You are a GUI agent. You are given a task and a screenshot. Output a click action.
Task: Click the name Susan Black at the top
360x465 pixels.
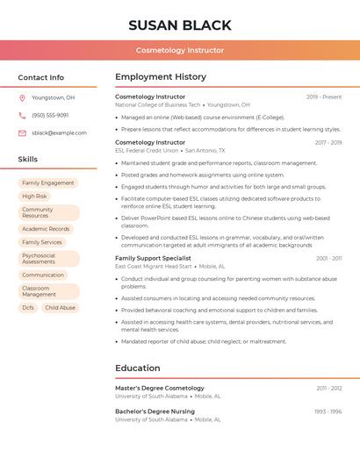(180, 25)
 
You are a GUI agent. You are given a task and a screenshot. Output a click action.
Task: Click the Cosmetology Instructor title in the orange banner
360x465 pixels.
(180, 51)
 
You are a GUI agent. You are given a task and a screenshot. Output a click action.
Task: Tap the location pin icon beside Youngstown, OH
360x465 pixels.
(22, 97)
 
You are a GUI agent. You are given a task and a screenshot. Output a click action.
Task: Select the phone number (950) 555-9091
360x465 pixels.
(50, 115)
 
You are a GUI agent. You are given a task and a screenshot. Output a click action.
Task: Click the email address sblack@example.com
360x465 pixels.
(59, 132)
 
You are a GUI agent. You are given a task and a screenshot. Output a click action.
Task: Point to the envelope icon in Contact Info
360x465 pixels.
(22, 132)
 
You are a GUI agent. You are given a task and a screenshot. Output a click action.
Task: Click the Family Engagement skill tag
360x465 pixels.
(48, 183)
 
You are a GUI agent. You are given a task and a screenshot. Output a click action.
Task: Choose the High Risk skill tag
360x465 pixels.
(35, 197)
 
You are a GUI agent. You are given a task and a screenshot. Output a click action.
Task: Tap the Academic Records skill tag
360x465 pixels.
(46, 229)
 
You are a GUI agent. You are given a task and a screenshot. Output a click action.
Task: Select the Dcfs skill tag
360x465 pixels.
(28, 308)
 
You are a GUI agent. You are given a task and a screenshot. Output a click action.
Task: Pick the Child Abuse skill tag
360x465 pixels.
(61, 308)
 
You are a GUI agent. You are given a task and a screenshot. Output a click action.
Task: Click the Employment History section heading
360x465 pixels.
(161, 76)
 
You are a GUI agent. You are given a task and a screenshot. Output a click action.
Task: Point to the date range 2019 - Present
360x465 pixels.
(324, 97)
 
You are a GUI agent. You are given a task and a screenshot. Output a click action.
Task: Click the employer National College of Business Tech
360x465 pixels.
(158, 104)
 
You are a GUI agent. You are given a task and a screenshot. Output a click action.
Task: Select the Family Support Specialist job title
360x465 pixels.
(153, 258)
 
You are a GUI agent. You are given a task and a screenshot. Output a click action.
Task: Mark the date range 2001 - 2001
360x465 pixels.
(328, 258)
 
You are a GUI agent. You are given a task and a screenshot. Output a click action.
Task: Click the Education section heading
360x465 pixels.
(138, 368)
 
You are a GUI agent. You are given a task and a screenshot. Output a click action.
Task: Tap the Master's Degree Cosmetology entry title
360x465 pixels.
(160, 388)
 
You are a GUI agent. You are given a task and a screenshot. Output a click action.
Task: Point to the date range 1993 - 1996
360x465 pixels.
(328, 411)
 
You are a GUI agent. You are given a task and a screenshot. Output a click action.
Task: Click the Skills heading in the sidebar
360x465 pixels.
(28, 159)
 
